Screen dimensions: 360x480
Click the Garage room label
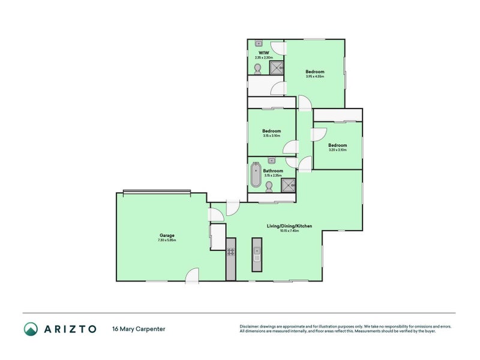pos(167,235)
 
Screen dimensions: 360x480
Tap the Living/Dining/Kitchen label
pos(289,226)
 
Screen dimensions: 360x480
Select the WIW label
pos(262,53)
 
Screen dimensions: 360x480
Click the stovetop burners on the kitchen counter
pos(230,252)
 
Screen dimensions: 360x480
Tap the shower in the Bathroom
pos(289,186)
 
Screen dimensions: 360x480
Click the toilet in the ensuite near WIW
pos(257,70)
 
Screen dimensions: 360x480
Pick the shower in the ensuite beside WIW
pos(276,68)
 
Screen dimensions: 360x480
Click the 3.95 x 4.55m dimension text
pos(315,76)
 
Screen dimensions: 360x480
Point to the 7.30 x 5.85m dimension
pos(167,240)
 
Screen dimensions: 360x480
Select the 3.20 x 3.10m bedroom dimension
pos(337,150)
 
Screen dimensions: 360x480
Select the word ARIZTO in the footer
pos(70,329)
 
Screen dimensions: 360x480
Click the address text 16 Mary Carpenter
pos(139,329)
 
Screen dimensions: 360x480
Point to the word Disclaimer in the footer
pos(251,326)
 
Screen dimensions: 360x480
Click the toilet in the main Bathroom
pos(269,188)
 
